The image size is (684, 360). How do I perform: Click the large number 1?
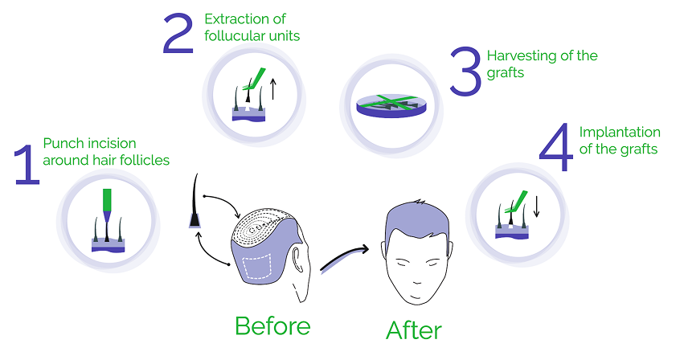point(27,165)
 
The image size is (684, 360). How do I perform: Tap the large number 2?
point(178,34)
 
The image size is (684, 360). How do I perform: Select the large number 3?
point(465,72)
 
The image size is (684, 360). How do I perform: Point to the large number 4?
point(555,147)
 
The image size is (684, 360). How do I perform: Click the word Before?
point(272,326)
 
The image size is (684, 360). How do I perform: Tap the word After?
point(414,330)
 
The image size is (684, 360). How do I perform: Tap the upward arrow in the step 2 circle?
point(273,88)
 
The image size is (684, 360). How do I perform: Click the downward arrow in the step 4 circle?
point(537,207)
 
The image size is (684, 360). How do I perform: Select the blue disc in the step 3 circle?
point(391,106)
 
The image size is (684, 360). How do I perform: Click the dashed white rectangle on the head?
point(257,267)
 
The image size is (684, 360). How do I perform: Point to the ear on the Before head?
point(297,260)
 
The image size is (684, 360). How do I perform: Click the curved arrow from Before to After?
point(344,257)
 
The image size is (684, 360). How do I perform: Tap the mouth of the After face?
point(416,297)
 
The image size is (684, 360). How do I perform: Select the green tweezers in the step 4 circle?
point(517,202)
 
